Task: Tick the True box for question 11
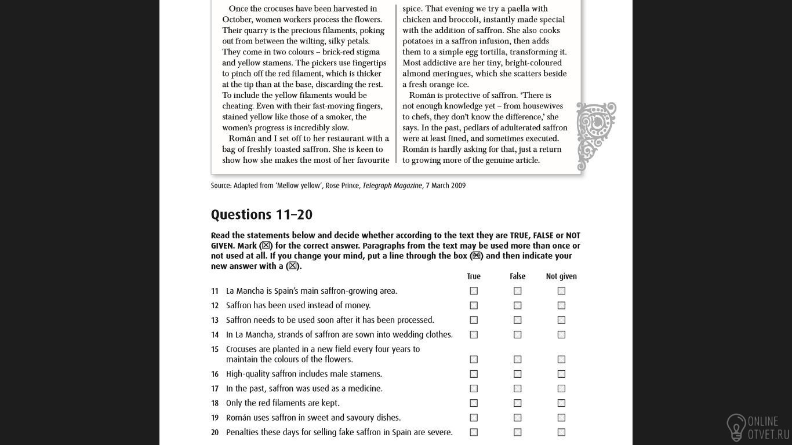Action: click(x=474, y=291)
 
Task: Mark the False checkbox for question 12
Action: click(x=517, y=305)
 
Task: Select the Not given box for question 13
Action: click(x=561, y=320)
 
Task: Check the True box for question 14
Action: click(x=474, y=334)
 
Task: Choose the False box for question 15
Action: click(x=517, y=359)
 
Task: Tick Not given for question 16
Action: click(x=561, y=374)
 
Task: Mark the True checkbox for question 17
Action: click(x=474, y=388)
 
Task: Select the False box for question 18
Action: click(x=517, y=403)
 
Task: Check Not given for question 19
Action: click(x=561, y=417)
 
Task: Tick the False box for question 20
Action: click(x=517, y=432)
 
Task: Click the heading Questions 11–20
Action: click(x=261, y=215)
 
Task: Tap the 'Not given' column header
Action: click(x=561, y=276)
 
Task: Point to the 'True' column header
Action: click(x=474, y=276)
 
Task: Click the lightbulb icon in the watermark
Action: click(x=736, y=428)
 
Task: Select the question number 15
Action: click(x=215, y=349)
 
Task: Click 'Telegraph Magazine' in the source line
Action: click(x=392, y=185)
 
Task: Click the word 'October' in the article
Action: click(x=237, y=19)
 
